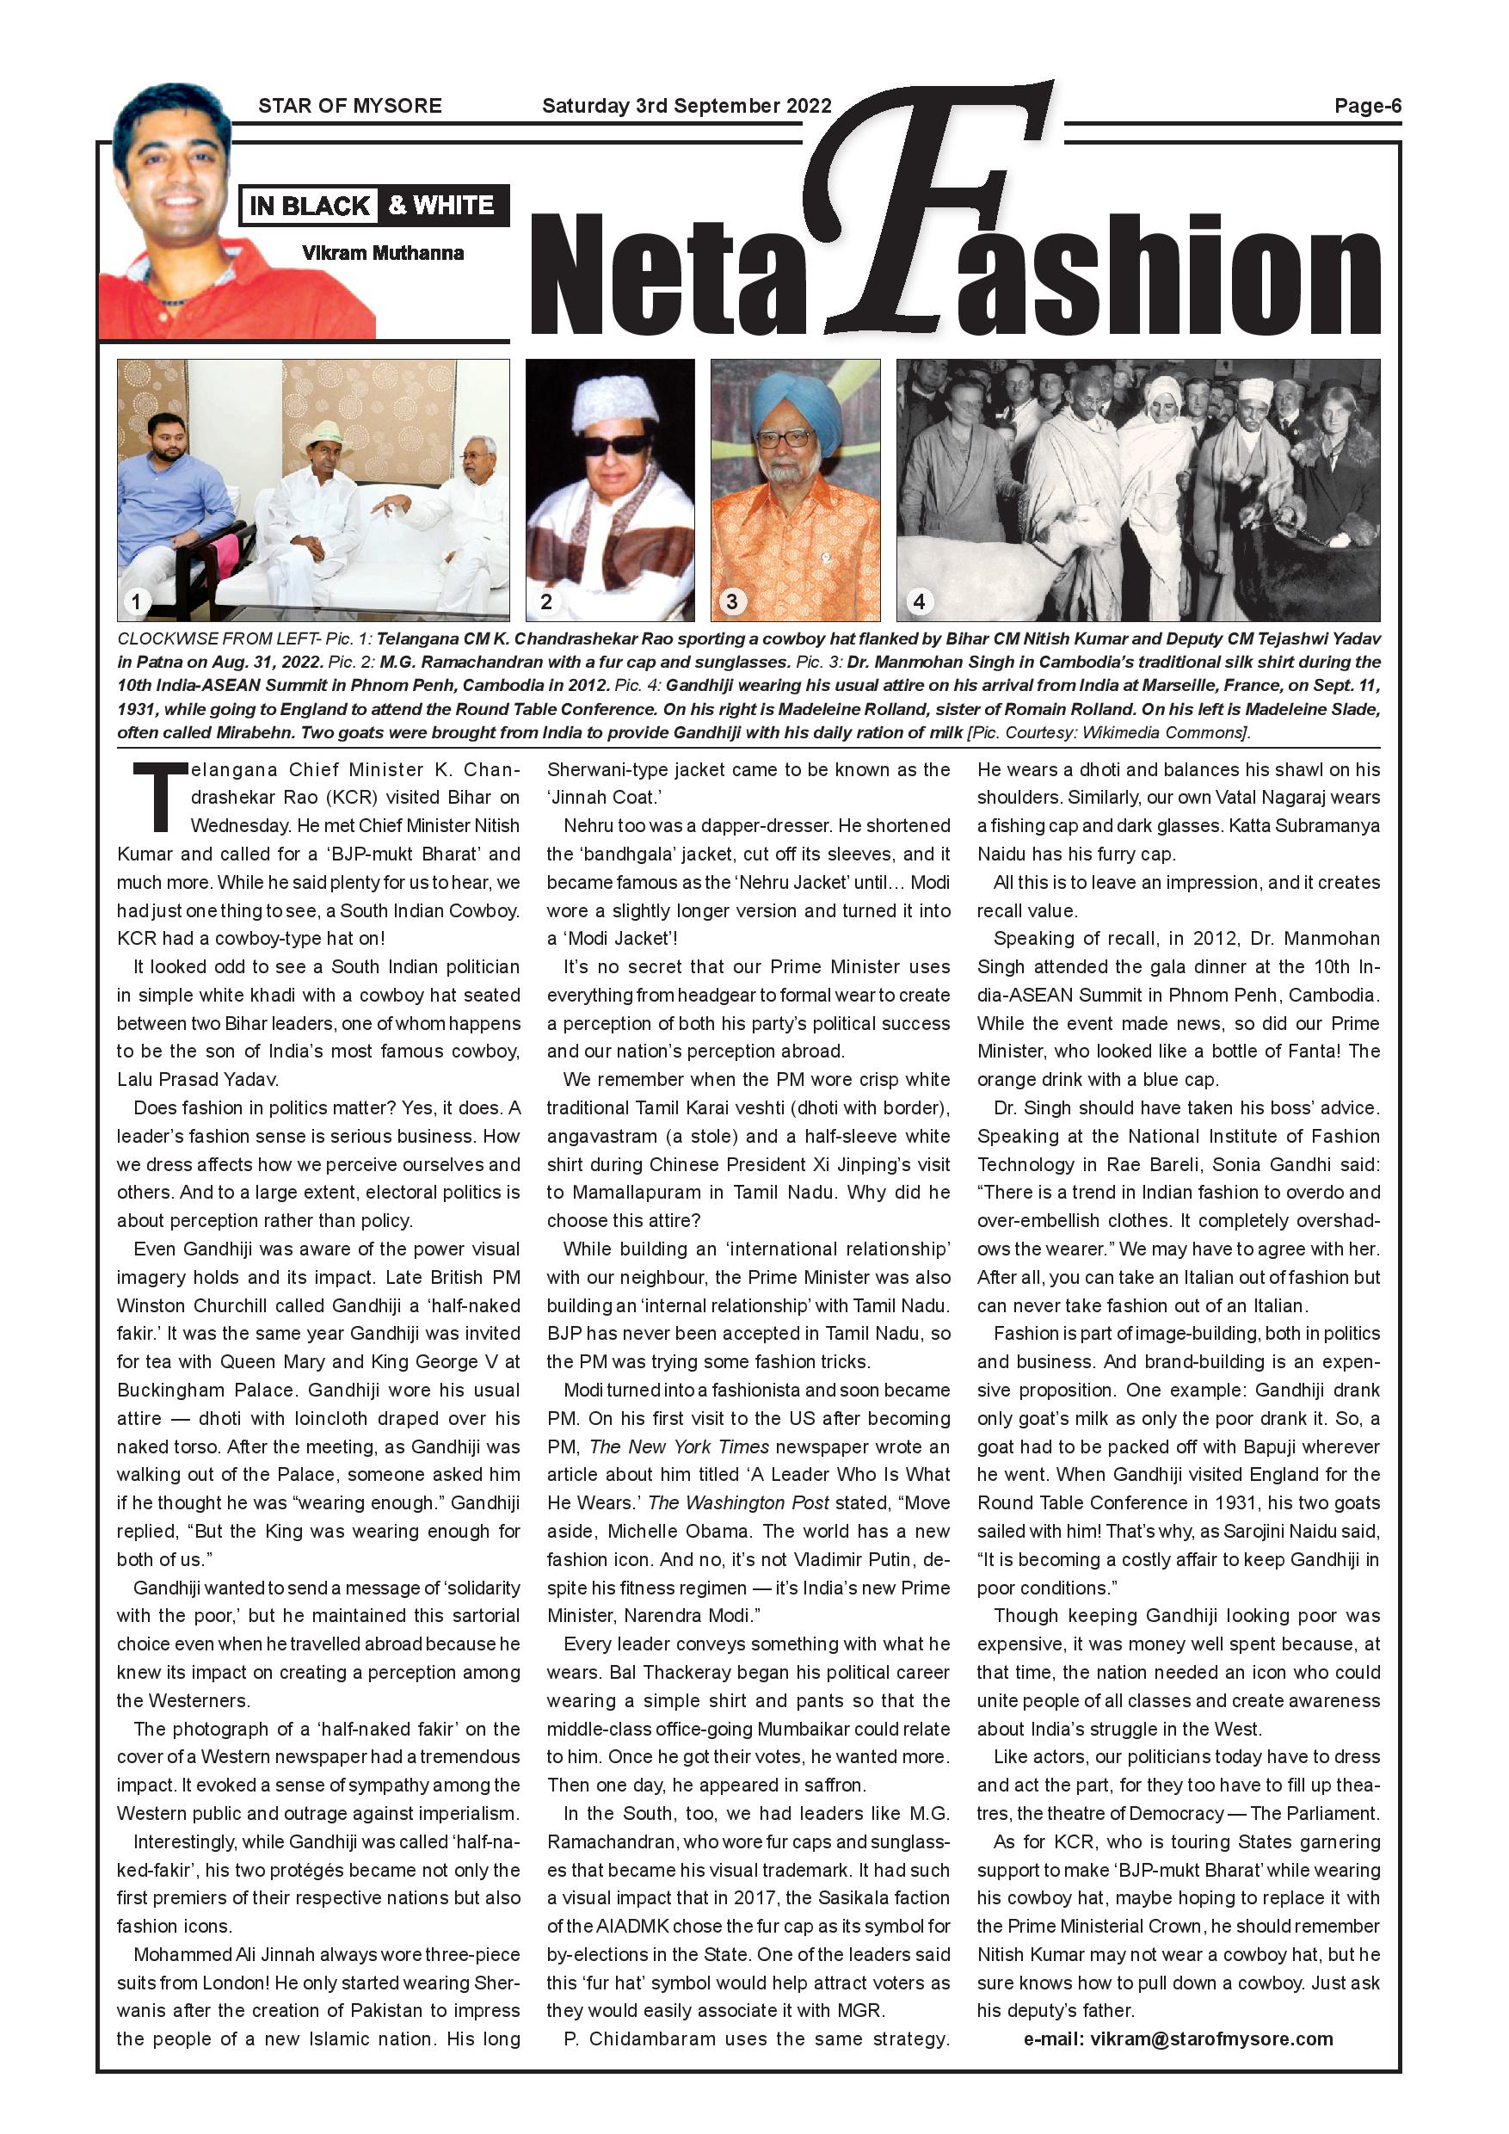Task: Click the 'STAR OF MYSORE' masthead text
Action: coord(349,106)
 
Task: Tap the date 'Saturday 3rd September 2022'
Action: coord(687,106)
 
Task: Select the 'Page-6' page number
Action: coord(1367,106)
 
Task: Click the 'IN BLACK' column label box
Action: coord(310,206)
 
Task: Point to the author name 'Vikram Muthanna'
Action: coord(383,253)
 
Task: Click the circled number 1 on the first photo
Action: coord(137,601)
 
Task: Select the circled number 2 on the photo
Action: coord(546,601)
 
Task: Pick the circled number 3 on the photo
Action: coord(731,601)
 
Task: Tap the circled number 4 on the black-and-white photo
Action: coord(919,601)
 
